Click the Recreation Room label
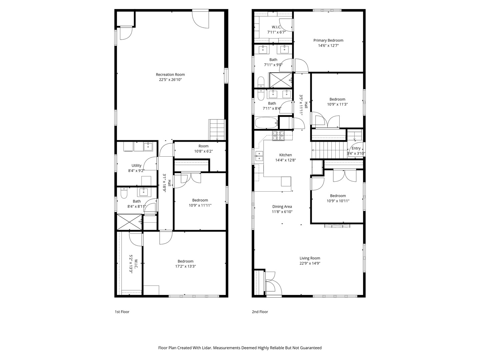pos(170,75)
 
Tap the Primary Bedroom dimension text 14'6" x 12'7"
pos(328,45)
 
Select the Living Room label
pos(310,258)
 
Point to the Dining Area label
pos(282,207)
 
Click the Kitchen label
pos(285,155)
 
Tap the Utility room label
pos(136,165)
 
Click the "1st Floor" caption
pos(122,312)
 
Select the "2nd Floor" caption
pos(260,312)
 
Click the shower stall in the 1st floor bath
pos(129,222)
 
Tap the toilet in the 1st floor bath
pos(124,193)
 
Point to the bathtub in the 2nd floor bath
pos(266,123)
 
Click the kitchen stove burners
pos(278,136)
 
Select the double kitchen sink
pos(259,156)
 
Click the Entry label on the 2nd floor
pos(356,148)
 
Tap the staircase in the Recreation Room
pos(217,130)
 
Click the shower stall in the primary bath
pos(281,80)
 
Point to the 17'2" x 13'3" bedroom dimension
pos(185,266)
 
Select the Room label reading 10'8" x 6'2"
pos(203,146)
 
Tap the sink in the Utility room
pos(148,146)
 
